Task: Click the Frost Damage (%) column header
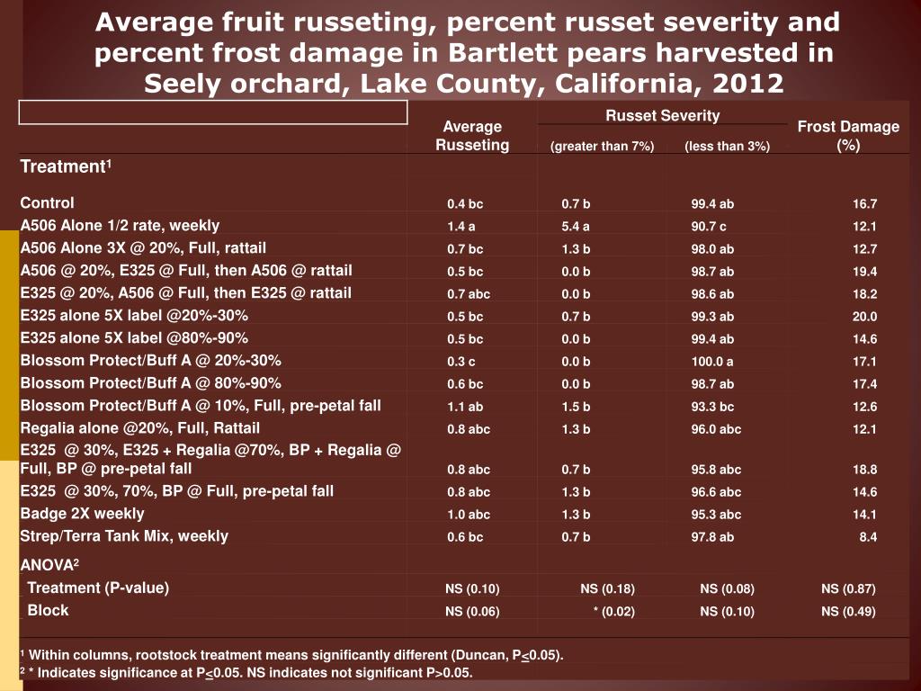click(x=847, y=136)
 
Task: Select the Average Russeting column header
click(x=472, y=136)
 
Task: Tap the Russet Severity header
click(x=662, y=115)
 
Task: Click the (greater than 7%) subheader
click(x=602, y=147)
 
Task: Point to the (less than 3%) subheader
click(x=727, y=147)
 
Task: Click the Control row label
click(x=48, y=203)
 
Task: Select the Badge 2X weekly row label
click(x=82, y=514)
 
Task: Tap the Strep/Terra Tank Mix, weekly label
click(x=124, y=536)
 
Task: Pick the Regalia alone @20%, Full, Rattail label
click(x=139, y=428)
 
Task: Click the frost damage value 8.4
click(x=868, y=537)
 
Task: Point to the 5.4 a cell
click(x=576, y=227)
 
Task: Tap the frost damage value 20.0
click(x=864, y=317)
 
